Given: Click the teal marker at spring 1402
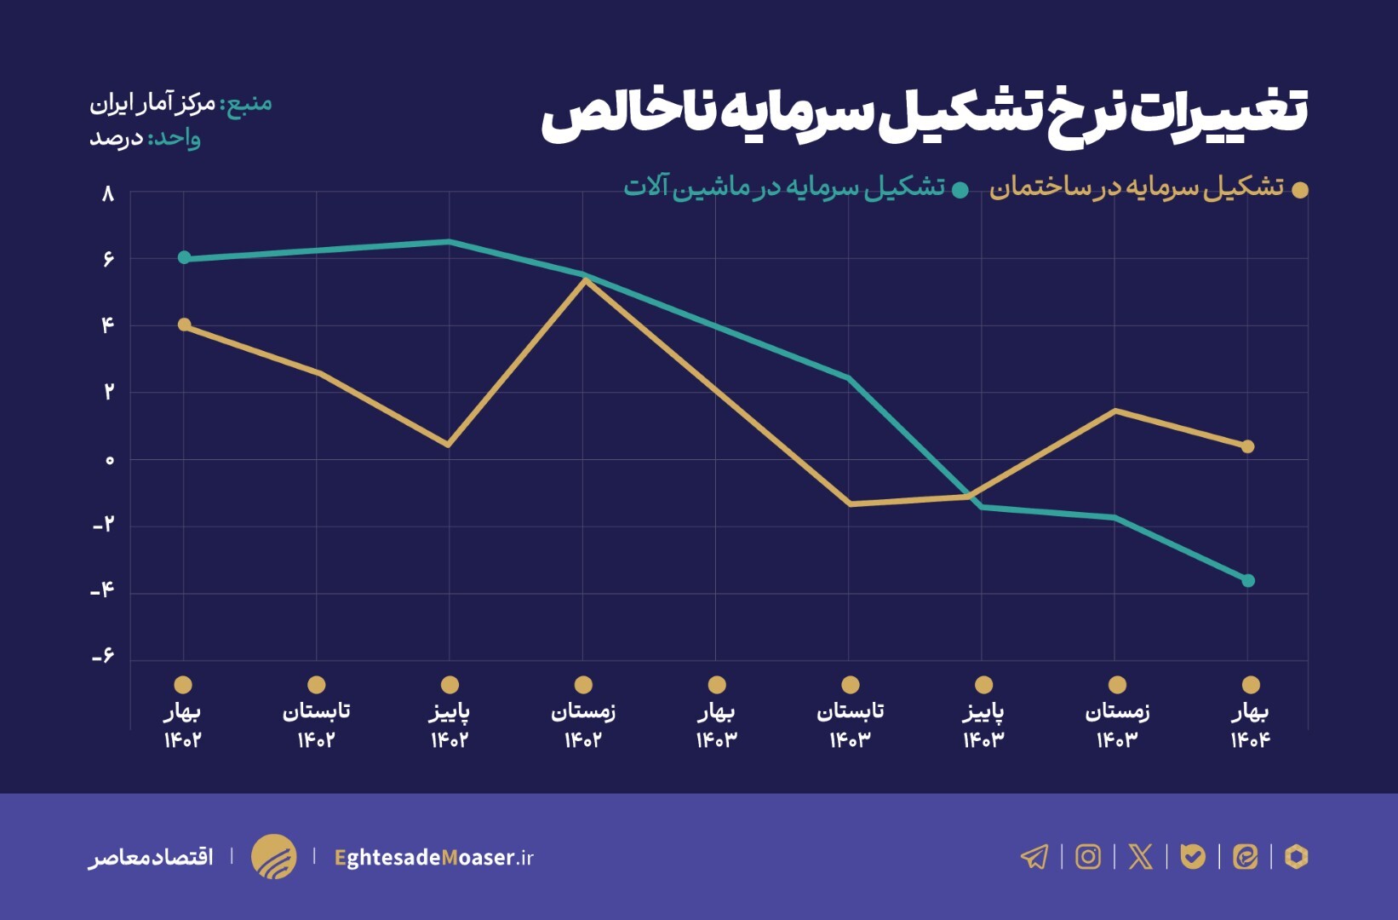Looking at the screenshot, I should (184, 258).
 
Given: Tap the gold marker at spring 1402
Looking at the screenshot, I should (184, 325).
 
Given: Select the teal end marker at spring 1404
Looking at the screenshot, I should (1248, 581).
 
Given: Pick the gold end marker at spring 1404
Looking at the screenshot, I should (1248, 446).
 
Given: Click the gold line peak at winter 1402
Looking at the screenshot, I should (584, 280).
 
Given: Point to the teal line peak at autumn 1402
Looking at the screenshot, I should (450, 242).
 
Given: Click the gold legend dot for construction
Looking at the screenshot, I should (1299, 190).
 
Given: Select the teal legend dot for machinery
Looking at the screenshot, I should (960, 190).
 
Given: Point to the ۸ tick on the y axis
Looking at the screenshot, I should (107, 194).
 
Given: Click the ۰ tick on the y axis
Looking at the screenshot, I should (109, 461).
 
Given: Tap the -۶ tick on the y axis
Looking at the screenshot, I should (103, 657).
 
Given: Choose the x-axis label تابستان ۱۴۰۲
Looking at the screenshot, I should (316, 725).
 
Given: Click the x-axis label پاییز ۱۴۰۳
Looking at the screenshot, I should (983, 725).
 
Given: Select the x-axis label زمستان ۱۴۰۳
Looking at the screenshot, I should (1117, 725).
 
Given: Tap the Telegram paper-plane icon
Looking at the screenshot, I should (1034, 856).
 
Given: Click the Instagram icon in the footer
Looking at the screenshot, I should (1088, 856).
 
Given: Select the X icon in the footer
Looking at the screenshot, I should (1140, 856).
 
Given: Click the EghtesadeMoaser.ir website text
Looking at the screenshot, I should (434, 857).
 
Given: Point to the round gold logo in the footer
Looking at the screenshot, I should (273, 856).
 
